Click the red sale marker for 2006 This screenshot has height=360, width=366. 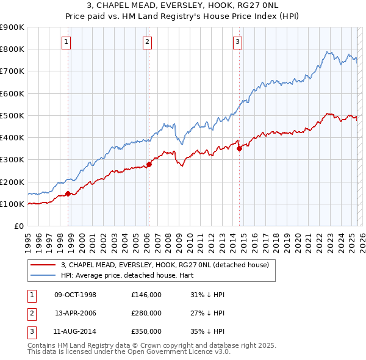(149, 164)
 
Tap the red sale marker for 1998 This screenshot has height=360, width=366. (68, 194)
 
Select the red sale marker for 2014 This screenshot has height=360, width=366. (239, 148)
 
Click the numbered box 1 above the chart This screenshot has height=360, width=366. (65, 42)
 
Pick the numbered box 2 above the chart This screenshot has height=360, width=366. (148, 42)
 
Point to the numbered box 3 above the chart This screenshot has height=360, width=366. (237, 42)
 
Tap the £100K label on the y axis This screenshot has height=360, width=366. (12, 204)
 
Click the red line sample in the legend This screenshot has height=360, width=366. (42, 265)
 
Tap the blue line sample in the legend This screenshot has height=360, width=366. (42, 275)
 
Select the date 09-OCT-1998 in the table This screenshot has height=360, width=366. (76, 295)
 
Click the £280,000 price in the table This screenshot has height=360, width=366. (146, 313)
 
